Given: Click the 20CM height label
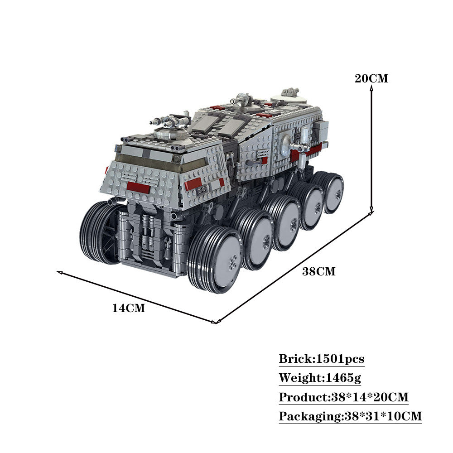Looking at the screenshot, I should (371, 78).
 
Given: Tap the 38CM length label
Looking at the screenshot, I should (319, 272).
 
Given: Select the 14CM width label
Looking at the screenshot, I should (129, 308).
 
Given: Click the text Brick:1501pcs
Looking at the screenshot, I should (321, 359).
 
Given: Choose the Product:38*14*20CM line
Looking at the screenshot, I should (343, 397).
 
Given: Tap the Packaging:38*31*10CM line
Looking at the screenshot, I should (350, 416).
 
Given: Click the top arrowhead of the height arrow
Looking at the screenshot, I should (371, 89).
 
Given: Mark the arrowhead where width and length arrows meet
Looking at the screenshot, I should (216, 322).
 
